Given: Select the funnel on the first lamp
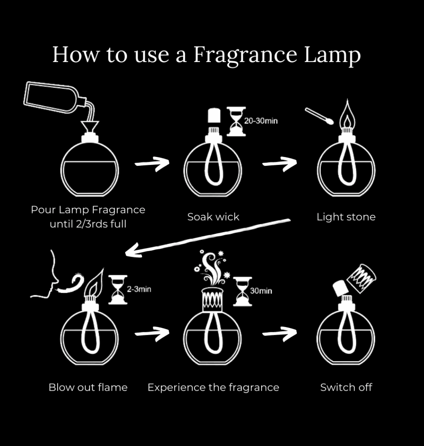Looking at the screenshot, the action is pyautogui.click(x=90, y=127).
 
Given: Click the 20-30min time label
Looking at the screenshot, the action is pyautogui.click(x=261, y=121).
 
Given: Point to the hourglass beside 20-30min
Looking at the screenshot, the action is pyautogui.click(x=236, y=121).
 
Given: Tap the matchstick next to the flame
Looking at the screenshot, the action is pyautogui.click(x=319, y=116).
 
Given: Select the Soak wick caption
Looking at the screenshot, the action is pyautogui.click(x=213, y=217).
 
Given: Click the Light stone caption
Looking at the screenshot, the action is pyautogui.click(x=346, y=217).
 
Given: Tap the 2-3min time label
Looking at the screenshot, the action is pyautogui.click(x=139, y=289).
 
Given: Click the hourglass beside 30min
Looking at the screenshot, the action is pyautogui.click(x=242, y=291).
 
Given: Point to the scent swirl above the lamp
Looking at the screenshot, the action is pyautogui.click(x=212, y=268).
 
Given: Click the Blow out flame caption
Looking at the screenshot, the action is pyautogui.click(x=88, y=388).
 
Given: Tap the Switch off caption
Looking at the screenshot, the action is pyautogui.click(x=346, y=388).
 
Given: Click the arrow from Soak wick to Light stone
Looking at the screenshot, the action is pyautogui.click(x=280, y=164).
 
